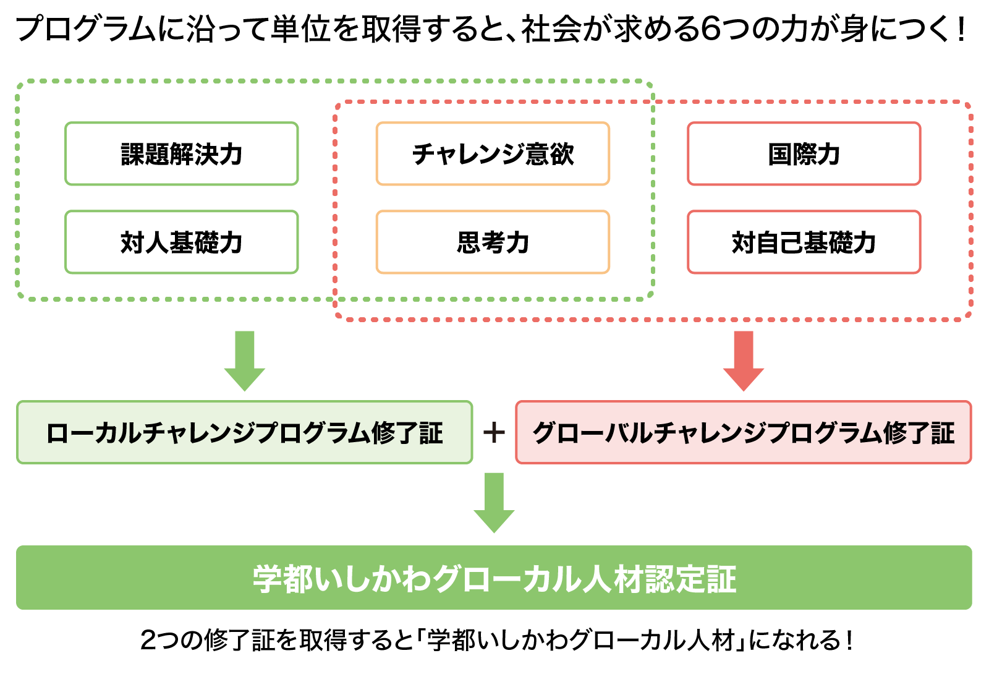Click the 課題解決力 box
coord(182,154)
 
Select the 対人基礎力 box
coord(182,242)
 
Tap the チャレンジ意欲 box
coord(493,154)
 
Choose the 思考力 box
coord(493,242)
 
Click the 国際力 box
coord(804,154)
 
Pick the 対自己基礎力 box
coord(804,242)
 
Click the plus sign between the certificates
coord(494,432)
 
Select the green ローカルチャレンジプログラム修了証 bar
coord(244,432)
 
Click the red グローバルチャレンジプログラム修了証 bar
coord(743,432)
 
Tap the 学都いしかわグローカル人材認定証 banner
coord(494,578)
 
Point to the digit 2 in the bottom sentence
coord(149,641)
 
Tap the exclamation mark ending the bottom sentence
coord(851,641)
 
